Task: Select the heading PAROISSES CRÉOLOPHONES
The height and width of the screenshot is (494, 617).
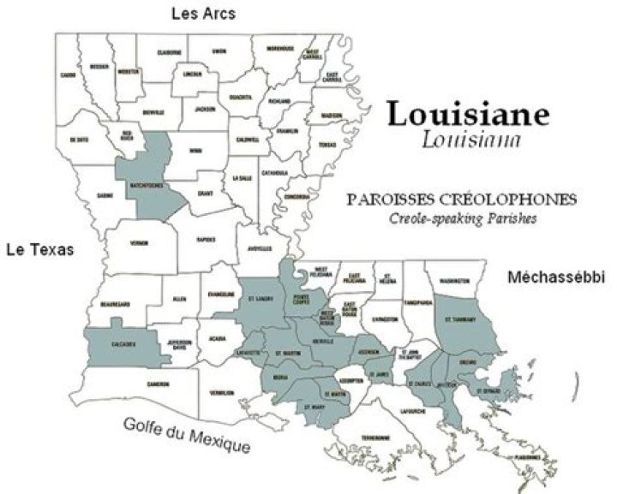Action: [461, 199]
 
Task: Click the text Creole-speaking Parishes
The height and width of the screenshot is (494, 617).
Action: [461, 217]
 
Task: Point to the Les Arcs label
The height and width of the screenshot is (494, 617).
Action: [203, 14]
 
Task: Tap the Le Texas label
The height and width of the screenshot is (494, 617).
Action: [40, 250]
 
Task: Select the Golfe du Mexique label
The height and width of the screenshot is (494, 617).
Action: [187, 435]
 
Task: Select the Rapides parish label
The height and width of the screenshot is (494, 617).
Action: [205, 239]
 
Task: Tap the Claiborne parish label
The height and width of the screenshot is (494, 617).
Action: [170, 52]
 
